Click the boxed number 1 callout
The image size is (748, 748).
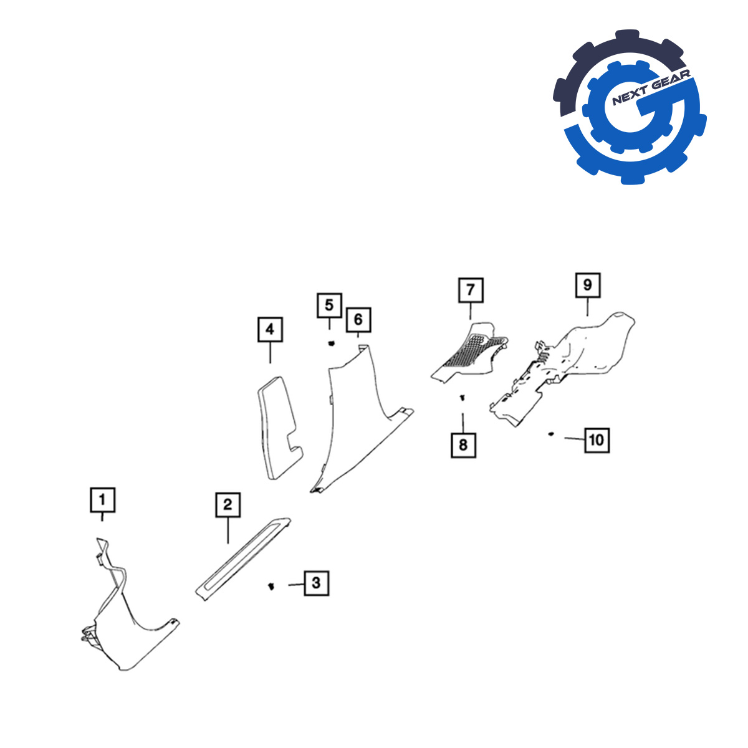tap(102, 500)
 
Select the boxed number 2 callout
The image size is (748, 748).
tap(228, 505)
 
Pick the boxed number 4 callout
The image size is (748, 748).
tap(270, 330)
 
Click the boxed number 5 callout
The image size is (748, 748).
tap(330, 305)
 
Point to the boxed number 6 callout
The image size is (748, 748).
tap(358, 320)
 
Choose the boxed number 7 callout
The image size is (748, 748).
tap(471, 290)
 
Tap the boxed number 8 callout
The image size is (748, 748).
tap(464, 445)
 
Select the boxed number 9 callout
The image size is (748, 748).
tap(588, 285)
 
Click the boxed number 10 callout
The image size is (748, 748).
tap(597, 440)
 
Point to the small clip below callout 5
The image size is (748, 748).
tap(331, 343)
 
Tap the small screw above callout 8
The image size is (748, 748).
tap(463, 398)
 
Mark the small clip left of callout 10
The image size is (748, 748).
tap(550, 434)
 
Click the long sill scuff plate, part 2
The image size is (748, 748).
tap(242, 559)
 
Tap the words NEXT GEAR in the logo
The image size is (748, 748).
tap(651, 87)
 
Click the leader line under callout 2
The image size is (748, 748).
tap(228, 530)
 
